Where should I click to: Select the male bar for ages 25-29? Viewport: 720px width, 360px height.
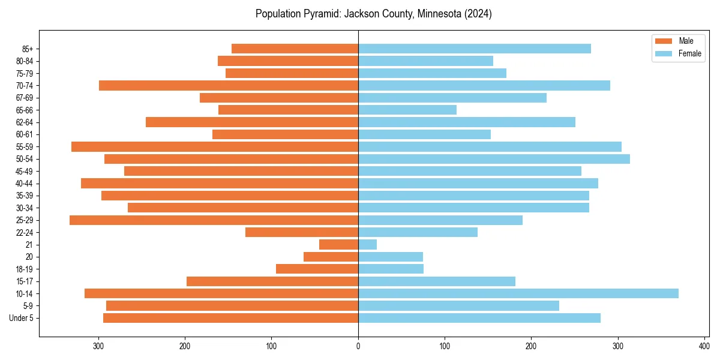214,220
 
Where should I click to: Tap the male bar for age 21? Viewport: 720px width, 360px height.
338,245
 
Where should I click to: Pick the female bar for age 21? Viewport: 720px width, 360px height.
367,245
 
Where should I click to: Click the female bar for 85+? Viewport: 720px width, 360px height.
474,49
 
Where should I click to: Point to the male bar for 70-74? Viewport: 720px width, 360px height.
229,85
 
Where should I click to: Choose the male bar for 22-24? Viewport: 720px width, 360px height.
302,232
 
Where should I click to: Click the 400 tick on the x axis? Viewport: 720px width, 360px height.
704,346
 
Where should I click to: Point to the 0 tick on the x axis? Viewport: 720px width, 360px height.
358,346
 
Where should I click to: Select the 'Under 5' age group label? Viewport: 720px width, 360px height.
22,318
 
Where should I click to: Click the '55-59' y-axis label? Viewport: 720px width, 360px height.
25,147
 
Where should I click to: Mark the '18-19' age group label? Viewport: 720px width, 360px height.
25,269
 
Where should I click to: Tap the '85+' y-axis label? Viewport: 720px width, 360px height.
28,49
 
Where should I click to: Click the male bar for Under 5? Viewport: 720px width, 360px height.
230,318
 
